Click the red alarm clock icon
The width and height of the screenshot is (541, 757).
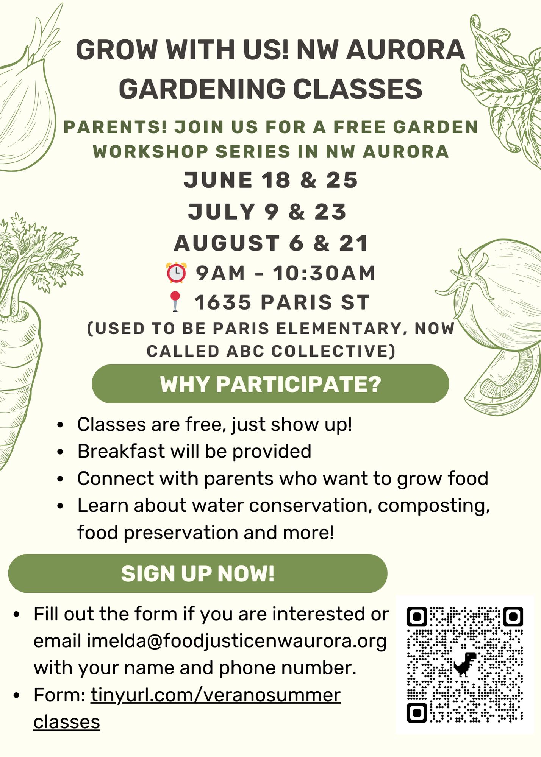[x=176, y=273]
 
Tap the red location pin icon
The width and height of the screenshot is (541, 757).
[x=175, y=301]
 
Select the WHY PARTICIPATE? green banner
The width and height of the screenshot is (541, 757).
[x=270, y=384]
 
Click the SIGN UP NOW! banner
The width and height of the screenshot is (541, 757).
[x=198, y=573]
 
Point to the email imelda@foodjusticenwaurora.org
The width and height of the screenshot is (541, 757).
[x=237, y=641]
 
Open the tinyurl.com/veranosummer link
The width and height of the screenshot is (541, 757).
[x=216, y=695]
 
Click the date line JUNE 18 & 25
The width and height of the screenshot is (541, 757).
[x=270, y=180]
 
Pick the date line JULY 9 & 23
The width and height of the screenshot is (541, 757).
[x=267, y=212]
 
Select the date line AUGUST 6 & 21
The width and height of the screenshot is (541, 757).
[x=271, y=243]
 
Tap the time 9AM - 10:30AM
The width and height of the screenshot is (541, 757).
[x=286, y=273]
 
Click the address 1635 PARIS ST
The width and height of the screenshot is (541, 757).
[x=282, y=302]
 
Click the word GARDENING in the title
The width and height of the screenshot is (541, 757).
[x=202, y=89]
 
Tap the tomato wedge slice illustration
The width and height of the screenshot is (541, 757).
[x=504, y=378]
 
